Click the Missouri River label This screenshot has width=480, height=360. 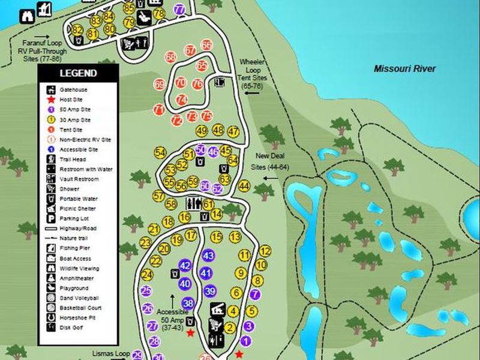[x=404, y=68]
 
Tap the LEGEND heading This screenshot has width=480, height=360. [x=77, y=73]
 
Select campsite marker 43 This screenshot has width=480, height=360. [x=208, y=256]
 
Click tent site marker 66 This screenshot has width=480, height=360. [x=207, y=45]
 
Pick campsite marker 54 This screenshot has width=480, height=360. [x=160, y=152]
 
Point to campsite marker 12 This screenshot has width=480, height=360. [x=265, y=251]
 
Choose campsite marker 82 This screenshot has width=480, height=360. [x=77, y=31]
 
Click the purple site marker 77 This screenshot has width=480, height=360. [x=179, y=10]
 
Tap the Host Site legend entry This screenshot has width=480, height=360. [x=72, y=99]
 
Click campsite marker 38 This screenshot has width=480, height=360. [x=188, y=302]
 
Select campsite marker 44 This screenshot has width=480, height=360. [x=244, y=187]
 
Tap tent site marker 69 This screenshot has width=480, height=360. [x=160, y=85]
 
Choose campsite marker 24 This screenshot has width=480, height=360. [x=147, y=275]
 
